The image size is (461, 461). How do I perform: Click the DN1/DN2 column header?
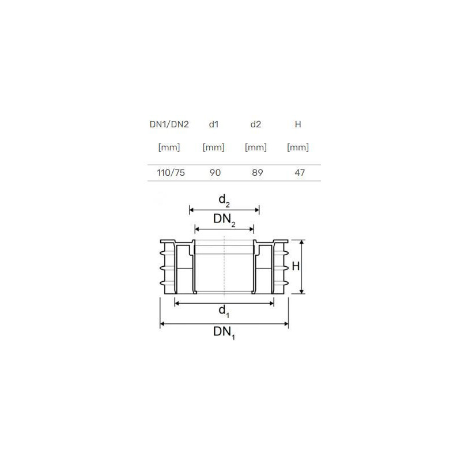coord(169,124)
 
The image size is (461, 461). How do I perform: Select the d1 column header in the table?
coord(214,124)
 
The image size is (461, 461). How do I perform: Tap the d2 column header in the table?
coord(256,124)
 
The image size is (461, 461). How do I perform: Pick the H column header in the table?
coord(298,124)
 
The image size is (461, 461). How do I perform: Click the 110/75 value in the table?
coord(171,172)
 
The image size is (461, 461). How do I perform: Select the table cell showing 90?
coord(215,172)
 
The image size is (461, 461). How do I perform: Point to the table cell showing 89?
coord(257,172)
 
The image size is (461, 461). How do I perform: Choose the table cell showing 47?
coord(300,172)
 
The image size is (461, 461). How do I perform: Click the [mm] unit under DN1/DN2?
coord(169,148)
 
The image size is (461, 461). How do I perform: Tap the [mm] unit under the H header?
coord(298,148)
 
